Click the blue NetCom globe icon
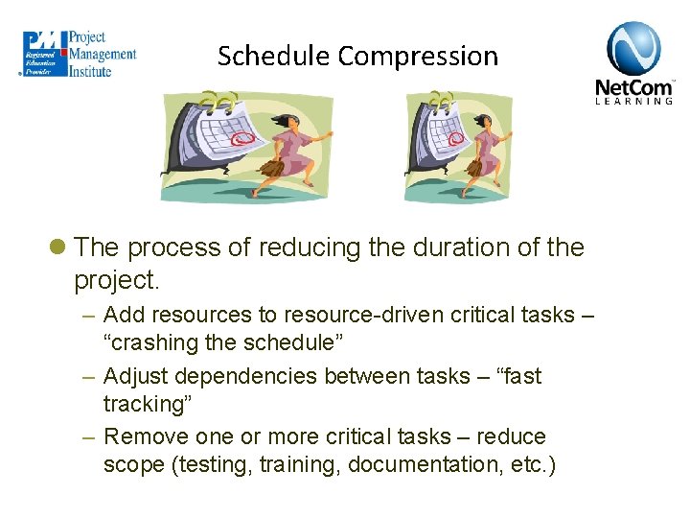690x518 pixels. point(633,48)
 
